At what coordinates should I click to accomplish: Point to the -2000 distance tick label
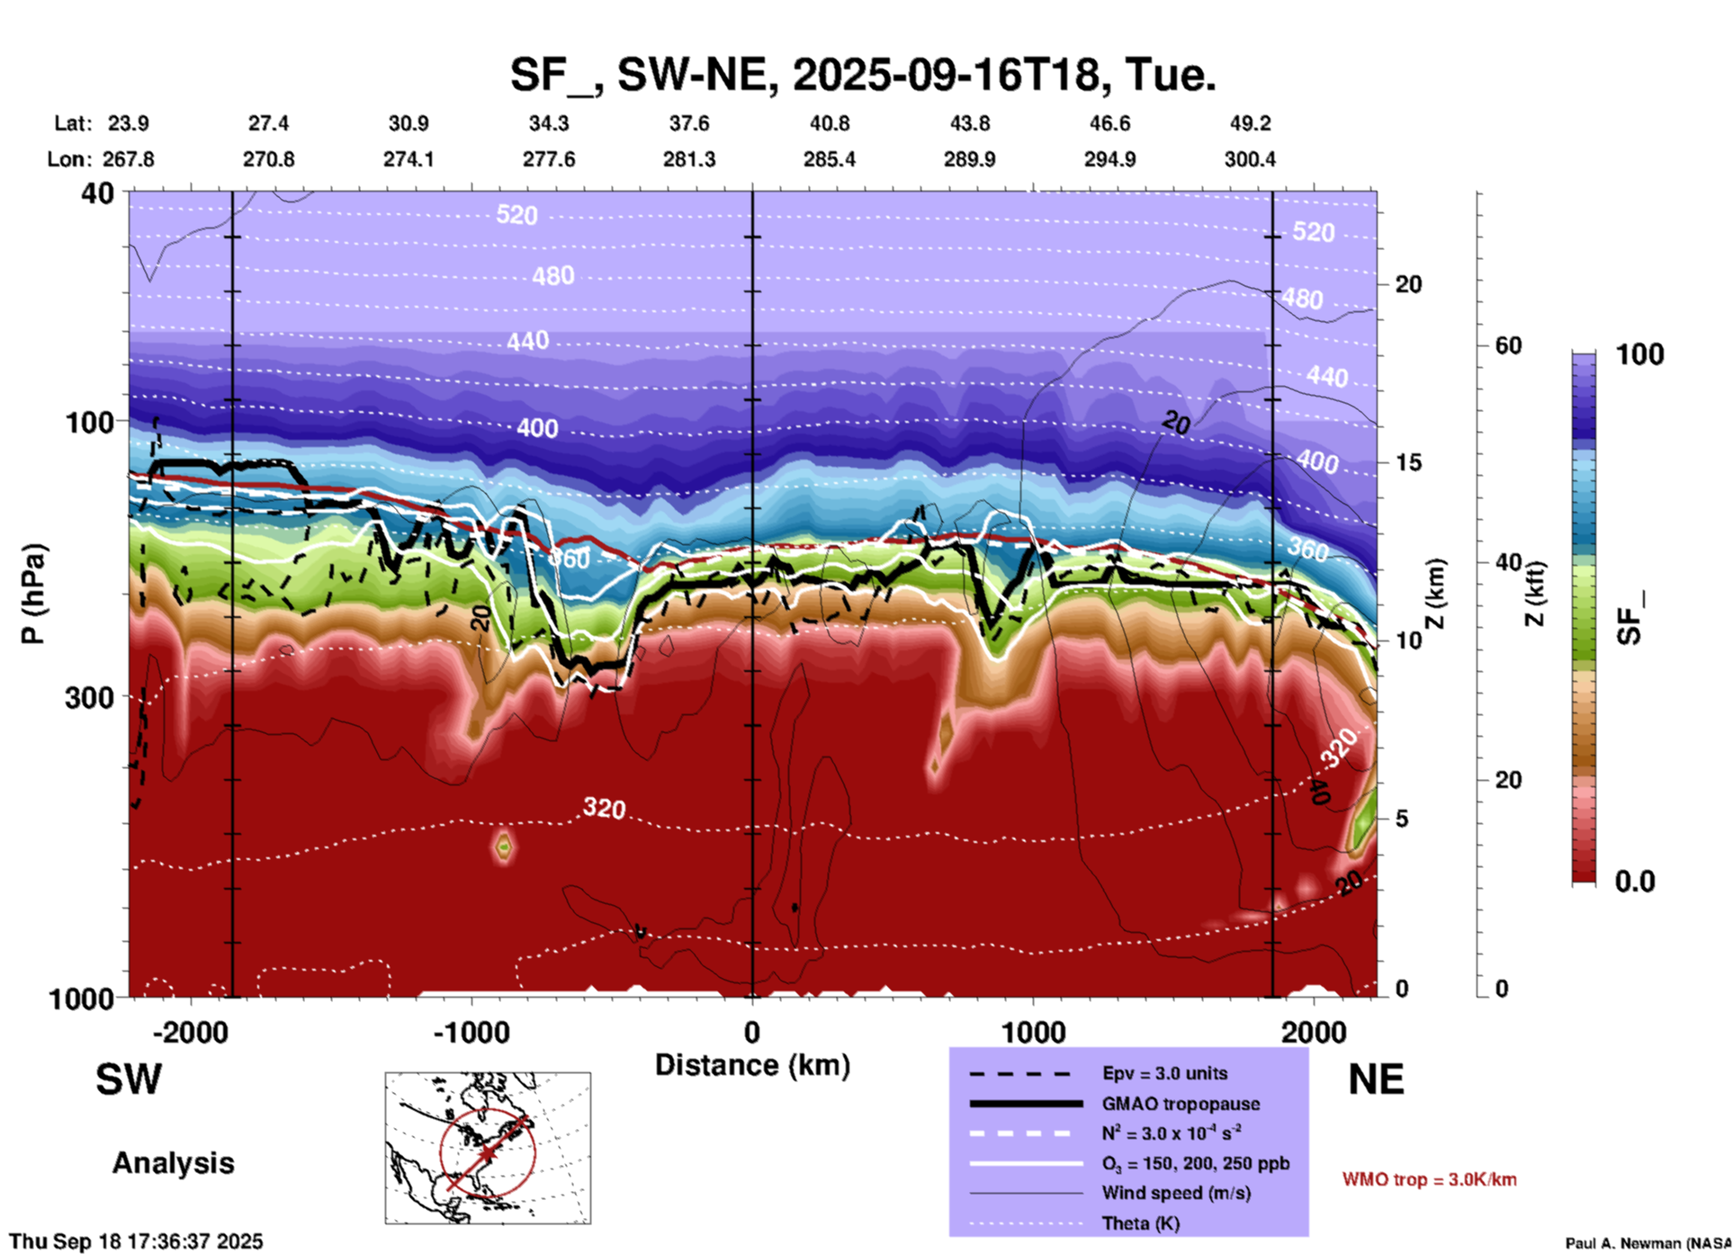[x=190, y=1032]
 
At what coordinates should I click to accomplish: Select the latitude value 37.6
[x=688, y=123]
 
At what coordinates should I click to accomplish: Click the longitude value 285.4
[x=829, y=159]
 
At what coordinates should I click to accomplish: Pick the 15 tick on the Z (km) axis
[x=1407, y=462]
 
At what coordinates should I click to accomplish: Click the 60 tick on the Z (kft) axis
[x=1507, y=345]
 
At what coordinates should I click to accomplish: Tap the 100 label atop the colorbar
[x=1639, y=354]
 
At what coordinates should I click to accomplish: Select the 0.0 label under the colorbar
[x=1635, y=882]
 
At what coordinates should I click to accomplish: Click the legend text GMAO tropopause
[x=1181, y=1104]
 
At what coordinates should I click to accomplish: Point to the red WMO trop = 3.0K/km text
[x=1429, y=1179]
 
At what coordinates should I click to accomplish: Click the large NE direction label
[x=1376, y=1079]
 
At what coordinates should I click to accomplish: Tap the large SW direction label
[x=129, y=1079]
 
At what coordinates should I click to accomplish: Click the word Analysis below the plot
[x=173, y=1163]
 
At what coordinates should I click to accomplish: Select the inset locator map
[x=488, y=1148]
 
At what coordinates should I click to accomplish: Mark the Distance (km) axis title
[x=752, y=1065]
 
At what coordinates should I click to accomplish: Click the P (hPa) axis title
[x=33, y=594]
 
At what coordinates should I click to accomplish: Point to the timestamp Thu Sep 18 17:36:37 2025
[x=136, y=1241]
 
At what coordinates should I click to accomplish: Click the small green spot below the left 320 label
[x=503, y=846]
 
